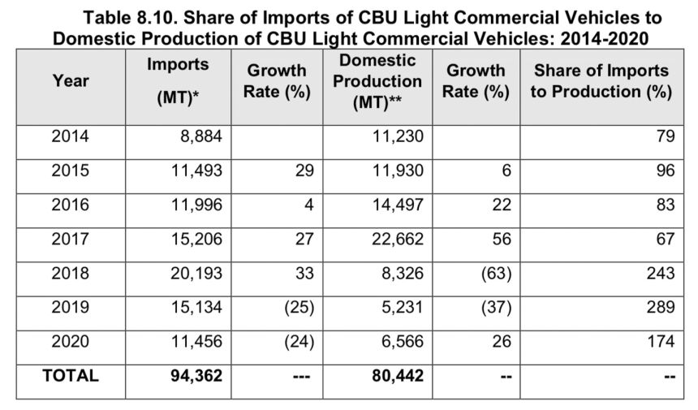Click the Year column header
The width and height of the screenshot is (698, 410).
pyautogui.click(x=71, y=80)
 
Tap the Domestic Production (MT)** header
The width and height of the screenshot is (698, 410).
pyautogui.click(x=377, y=82)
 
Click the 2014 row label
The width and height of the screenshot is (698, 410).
pyautogui.click(x=71, y=136)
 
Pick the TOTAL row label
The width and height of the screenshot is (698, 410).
pyautogui.click(x=71, y=376)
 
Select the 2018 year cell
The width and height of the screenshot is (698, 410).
pyautogui.click(x=71, y=274)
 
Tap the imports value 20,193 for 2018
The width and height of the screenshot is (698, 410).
pyautogui.click(x=193, y=274)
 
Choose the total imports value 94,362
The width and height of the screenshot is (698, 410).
pyautogui.click(x=193, y=376)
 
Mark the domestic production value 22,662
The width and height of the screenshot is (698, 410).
pyautogui.click(x=395, y=240)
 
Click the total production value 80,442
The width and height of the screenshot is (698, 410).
pyautogui.click(x=394, y=376)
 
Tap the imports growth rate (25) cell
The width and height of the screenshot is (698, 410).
pyautogui.click(x=295, y=308)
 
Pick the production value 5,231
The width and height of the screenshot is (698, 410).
pyautogui.click(x=401, y=308)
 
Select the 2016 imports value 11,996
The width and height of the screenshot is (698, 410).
pyautogui.click(x=193, y=205)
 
